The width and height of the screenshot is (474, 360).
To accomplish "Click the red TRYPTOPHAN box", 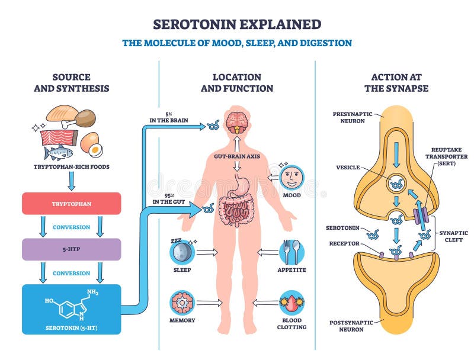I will pos(71,203).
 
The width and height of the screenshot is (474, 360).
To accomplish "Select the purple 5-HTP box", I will pos(71,249).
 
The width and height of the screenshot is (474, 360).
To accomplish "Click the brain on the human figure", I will pos(238,119).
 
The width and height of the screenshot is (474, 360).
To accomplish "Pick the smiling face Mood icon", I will pos(292,176).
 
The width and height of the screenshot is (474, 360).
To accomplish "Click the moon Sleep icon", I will pos(182,252).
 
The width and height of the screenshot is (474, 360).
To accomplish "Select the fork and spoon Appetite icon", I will pos(292,252).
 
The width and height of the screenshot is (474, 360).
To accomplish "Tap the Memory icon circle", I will pos(182,303).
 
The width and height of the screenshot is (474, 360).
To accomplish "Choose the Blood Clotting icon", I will pos(292,303).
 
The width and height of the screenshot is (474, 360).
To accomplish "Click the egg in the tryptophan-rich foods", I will pos(90,142).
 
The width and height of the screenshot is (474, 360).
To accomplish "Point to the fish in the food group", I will pos(59,153).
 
